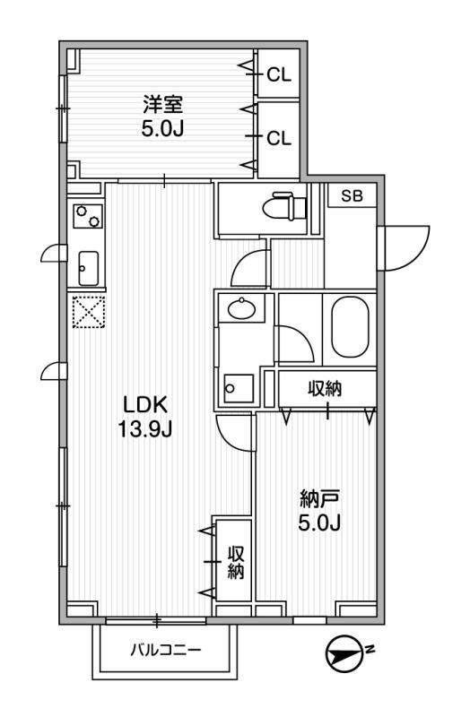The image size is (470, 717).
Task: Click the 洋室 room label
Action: coord(162,101)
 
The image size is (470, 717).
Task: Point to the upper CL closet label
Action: coord(279,76)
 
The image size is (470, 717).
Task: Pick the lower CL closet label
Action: coord(279,138)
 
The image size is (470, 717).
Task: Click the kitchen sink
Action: coord(89,266)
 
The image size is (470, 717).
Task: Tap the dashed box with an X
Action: coord(88,315)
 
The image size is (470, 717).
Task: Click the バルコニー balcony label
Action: coord(166,648)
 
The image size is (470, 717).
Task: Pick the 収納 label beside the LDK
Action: coord(236,561)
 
